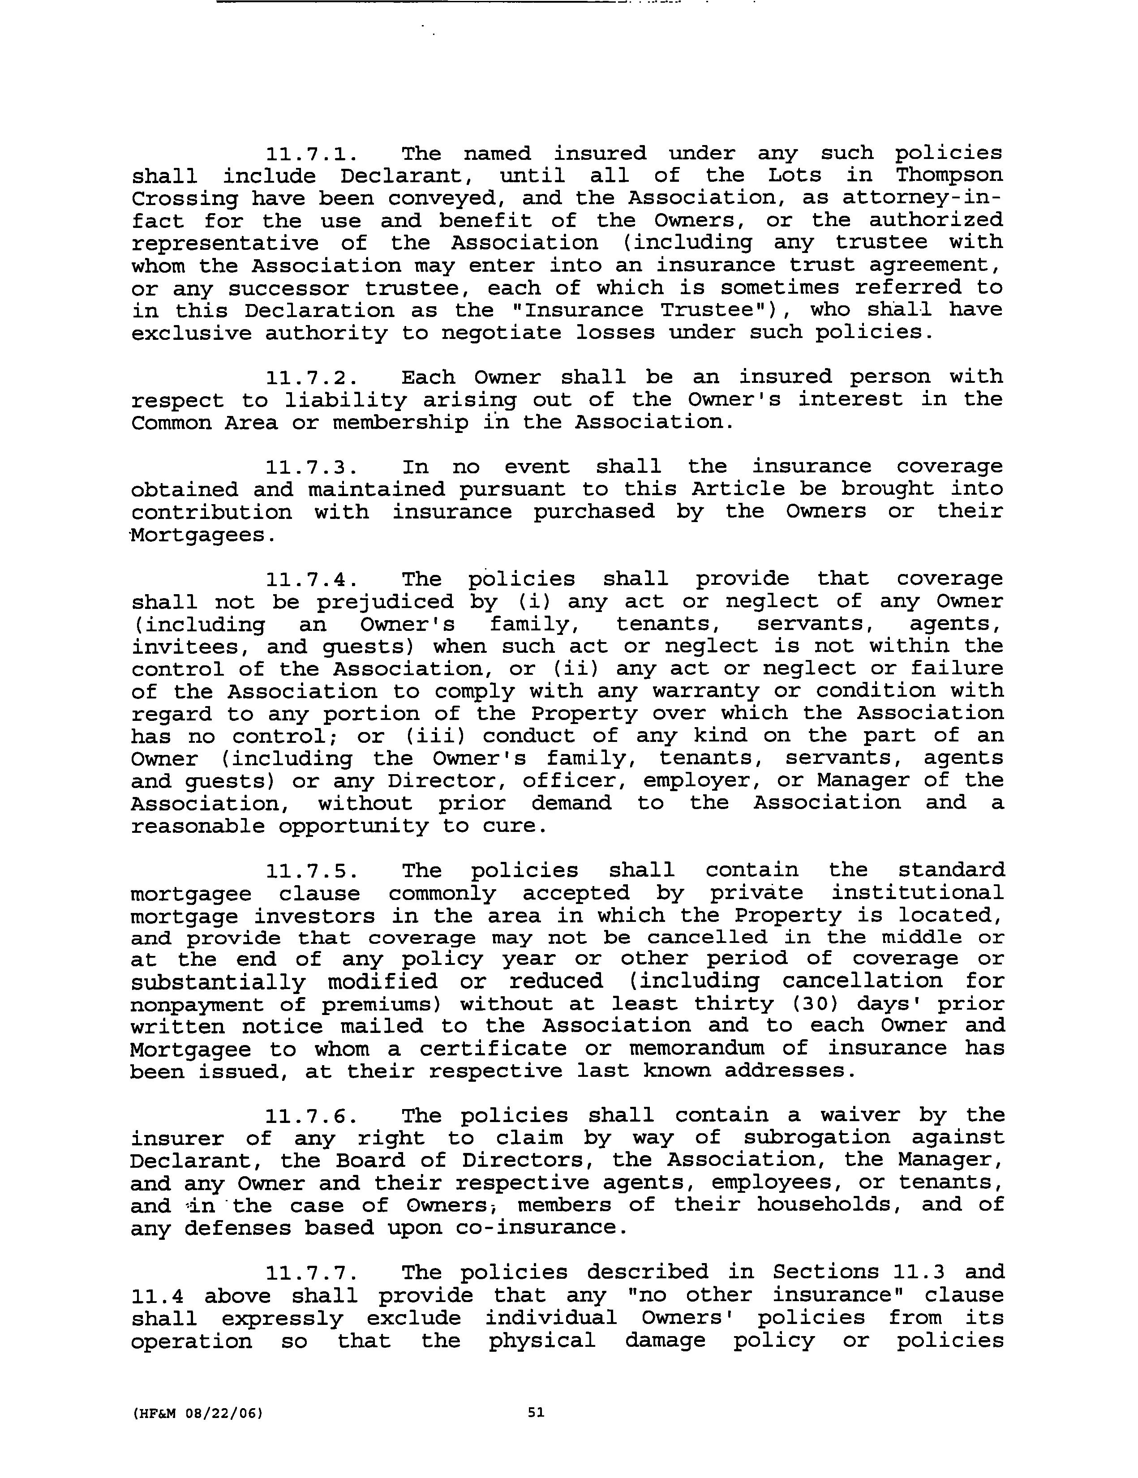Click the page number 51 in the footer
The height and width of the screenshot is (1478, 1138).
(x=536, y=1412)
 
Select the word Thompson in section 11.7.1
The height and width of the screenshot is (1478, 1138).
(x=949, y=176)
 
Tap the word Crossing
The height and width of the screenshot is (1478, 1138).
(x=184, y=199)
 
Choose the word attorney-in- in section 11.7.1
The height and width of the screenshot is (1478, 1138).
(x=922, y=198)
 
